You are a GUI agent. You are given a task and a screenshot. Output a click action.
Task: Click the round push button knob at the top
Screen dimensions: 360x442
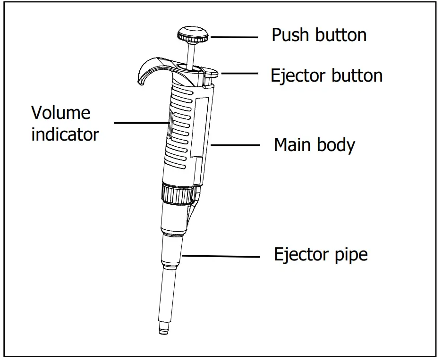(193, 34)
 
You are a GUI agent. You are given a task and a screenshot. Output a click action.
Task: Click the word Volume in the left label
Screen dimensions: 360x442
(60, 113)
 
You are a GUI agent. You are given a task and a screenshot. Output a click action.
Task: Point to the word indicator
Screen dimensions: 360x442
(65, 135)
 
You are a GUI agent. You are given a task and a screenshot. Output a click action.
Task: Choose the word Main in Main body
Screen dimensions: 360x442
(293, 144)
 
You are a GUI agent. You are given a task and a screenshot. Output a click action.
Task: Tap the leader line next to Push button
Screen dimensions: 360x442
(234, 37)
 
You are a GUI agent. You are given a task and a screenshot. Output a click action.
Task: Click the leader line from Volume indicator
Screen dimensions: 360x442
(142, 124)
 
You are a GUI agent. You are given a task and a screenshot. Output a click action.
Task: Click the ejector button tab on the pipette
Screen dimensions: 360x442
(210, 74)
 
